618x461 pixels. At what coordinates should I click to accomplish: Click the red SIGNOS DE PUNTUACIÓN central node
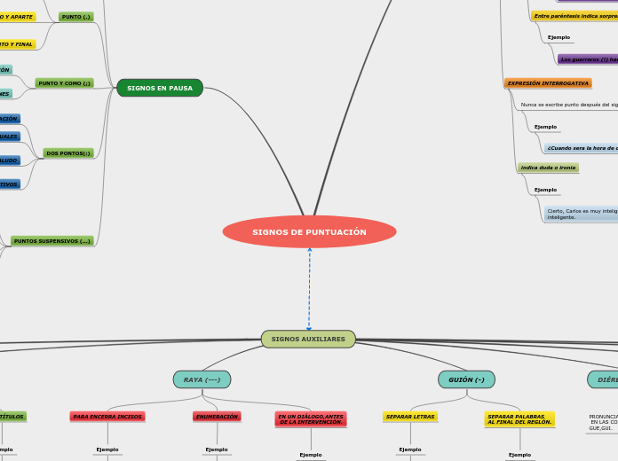309,232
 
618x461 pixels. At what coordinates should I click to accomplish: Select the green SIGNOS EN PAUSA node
160,88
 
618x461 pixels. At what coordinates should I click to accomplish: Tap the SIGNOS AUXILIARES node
308,340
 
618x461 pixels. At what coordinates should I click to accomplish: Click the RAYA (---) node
202,379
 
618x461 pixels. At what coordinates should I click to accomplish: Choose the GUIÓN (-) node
466,379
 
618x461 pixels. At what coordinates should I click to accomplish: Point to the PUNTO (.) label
75,17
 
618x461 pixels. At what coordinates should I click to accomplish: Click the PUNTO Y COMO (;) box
64,83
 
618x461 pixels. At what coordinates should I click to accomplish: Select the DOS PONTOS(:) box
68,153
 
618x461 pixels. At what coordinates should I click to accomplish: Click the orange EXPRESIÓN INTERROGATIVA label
548,83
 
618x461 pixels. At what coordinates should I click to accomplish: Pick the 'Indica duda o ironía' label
548,168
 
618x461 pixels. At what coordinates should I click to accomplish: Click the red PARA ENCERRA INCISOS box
107,417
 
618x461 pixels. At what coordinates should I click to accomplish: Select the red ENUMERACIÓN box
217,417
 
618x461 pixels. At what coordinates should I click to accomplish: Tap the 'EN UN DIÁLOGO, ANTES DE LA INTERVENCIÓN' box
311,419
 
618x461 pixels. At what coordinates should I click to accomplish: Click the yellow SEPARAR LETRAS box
410,417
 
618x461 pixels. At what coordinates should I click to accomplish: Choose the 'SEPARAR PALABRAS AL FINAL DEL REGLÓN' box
519,419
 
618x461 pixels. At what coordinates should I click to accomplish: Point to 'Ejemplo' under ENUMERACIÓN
217,449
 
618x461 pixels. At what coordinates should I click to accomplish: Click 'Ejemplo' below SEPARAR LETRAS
410,449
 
